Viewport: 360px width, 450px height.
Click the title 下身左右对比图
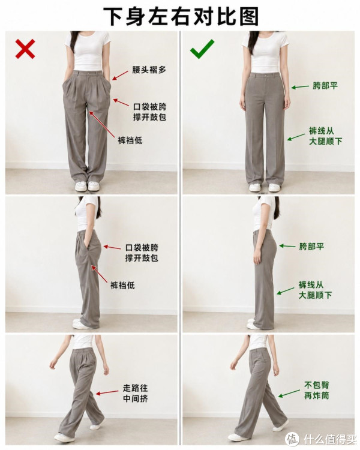[x=181, y=16]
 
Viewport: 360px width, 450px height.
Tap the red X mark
[x=25, y=49]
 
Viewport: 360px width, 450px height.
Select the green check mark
[x=202, y=49]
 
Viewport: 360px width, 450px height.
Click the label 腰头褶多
[x=149, y=70]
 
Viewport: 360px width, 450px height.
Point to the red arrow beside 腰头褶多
[x=120, y=75]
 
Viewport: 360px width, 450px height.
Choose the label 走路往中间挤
[x=135, y=393]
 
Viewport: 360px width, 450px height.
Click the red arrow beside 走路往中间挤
[x=107, y=392]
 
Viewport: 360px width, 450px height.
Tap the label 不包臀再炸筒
[x=317, y=391]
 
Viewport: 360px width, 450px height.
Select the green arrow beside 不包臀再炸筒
[x=289, y=394]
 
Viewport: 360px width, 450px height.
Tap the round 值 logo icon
[x=293, y=439]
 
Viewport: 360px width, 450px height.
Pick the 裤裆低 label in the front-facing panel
[x=130, y=140]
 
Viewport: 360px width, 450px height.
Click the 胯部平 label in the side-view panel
[x=311, y=247]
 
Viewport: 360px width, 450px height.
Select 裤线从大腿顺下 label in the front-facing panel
[x=326, y=136]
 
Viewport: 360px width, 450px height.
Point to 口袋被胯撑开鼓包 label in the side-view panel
[x=142, y=253]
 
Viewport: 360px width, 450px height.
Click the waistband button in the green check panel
[x=266, y=75]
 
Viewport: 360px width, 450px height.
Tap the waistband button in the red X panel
[x=89, y=73]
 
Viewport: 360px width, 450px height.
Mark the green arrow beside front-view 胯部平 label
[x=300, y=86]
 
